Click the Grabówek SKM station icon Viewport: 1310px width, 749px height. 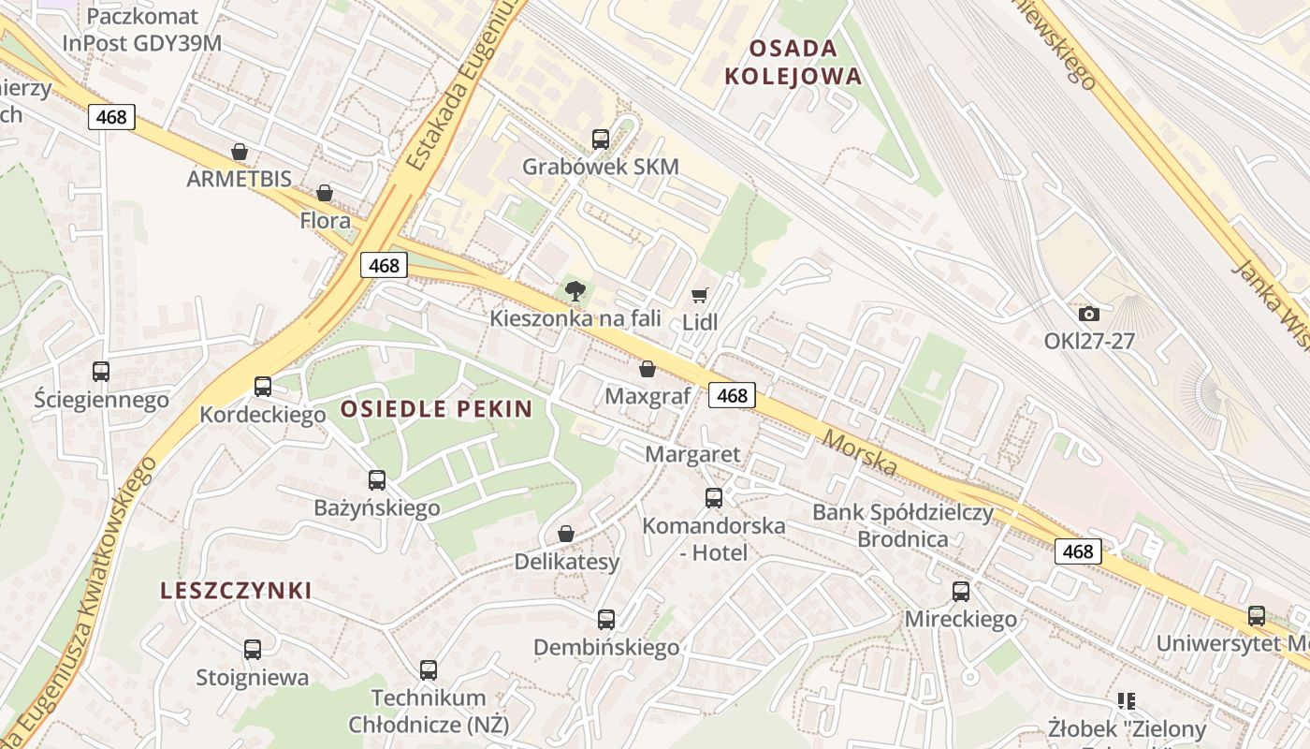tap(601, 140)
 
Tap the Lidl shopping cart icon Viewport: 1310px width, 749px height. tap(699, 296)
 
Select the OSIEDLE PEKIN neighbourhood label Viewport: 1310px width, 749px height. tap(436, 408)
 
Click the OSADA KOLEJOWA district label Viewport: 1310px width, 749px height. tap(793, 62)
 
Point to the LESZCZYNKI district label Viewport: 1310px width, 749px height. tap(236, 591)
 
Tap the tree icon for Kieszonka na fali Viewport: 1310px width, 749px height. tap(575, 291)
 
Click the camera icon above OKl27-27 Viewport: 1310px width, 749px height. tap(1088, 314)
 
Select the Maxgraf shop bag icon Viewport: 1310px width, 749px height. tap(647, 369)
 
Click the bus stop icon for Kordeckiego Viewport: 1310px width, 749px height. tap(263, 386)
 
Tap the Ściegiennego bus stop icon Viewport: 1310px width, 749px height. tap(101, 372)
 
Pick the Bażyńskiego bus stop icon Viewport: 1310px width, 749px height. tap(377, 480)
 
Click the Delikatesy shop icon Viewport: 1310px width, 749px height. tap(566, 534)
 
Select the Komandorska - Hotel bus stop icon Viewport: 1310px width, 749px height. tap(714, 497)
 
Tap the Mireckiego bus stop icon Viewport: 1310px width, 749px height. tap(961, 591)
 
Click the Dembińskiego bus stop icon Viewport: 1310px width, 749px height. tap(606, 619)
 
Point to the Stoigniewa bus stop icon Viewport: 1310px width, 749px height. tap(253, 649)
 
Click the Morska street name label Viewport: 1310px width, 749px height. tap(860, 453)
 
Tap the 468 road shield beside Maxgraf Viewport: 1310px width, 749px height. tap(732, 395)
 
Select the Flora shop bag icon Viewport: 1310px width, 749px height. tap(325, 193)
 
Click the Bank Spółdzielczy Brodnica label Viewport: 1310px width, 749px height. tap(903, 525)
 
